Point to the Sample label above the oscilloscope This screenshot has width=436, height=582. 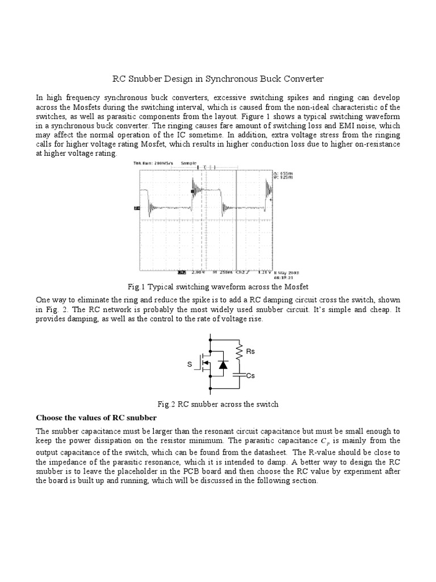point(187,163)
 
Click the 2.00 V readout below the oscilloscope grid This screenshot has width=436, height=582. point(197,272)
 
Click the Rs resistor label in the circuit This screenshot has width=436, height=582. point(250,352)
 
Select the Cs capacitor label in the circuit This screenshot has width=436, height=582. point(250,376)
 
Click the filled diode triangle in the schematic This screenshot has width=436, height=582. point(222,365)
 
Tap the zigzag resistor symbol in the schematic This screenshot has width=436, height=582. point(240,352)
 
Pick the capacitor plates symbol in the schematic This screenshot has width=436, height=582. point(240,375)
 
